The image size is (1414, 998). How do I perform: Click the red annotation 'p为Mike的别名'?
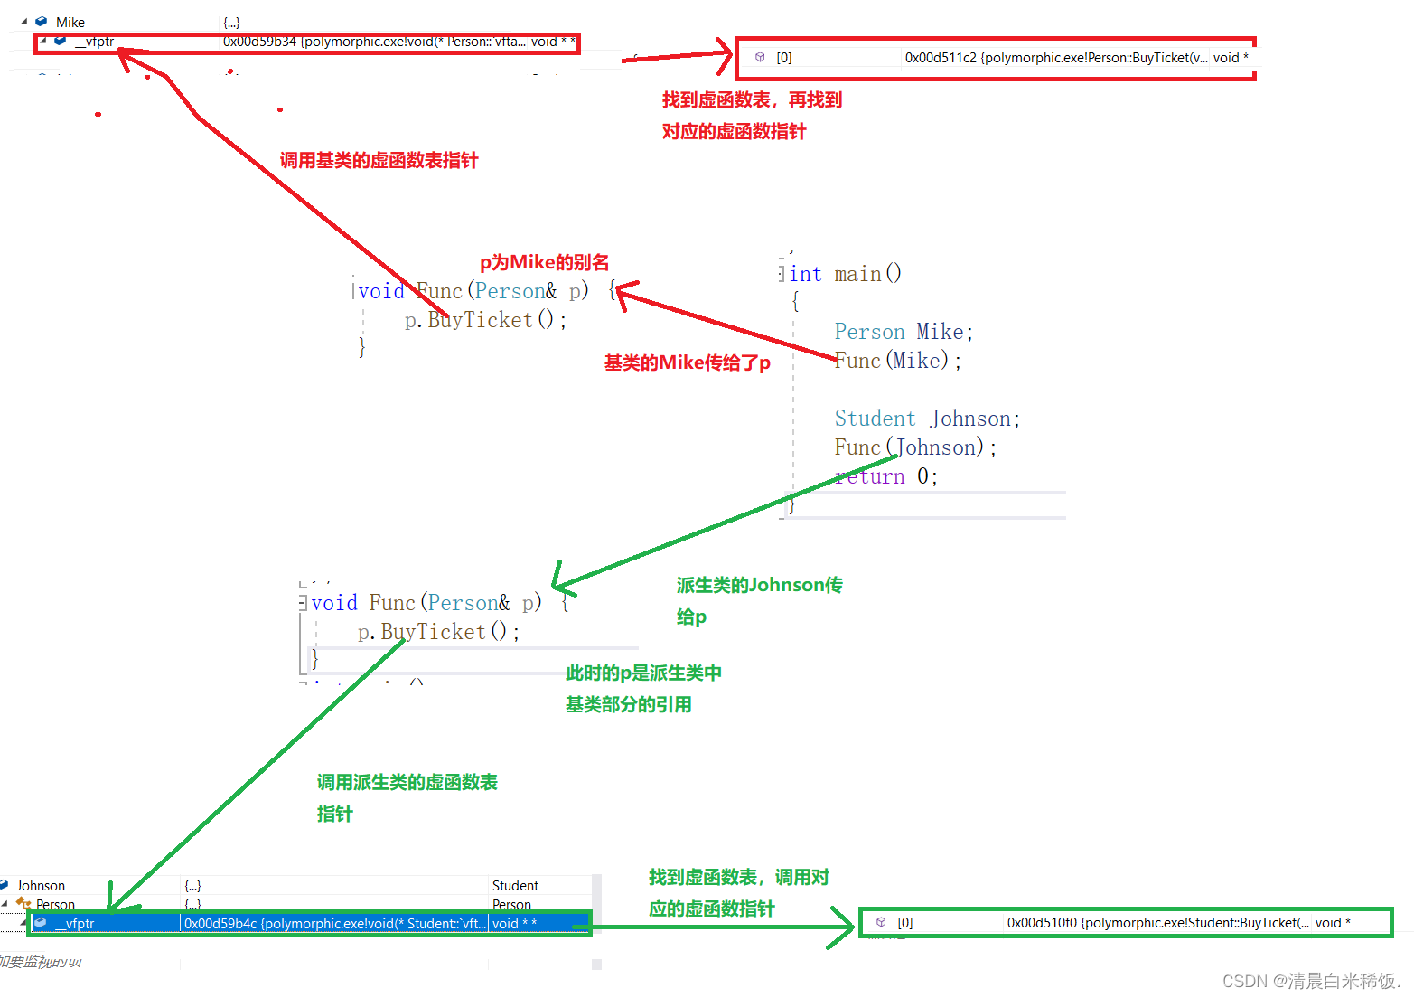point(544,262)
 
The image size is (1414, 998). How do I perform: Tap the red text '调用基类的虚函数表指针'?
point(379,160)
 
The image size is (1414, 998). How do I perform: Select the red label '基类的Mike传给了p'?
point(687,362)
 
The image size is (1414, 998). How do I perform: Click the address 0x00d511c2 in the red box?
point(941,58)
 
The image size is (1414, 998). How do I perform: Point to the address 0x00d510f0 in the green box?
point(1042,923)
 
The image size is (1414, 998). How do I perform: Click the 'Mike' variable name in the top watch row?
point(70,22)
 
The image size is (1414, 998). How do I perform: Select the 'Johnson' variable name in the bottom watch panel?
point(41,886)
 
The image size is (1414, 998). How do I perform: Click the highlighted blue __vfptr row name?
point(80,924)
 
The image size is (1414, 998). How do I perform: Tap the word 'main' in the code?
point(857,274)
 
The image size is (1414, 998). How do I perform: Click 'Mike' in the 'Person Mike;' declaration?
point(940,332)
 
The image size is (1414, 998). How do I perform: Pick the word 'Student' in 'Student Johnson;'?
point(875,419)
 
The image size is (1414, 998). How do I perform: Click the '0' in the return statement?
point(922,476)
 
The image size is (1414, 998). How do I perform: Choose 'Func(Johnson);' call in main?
point(914,447)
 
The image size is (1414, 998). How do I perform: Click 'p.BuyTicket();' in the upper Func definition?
point(485,320)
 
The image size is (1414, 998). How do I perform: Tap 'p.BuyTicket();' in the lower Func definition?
point(438,632)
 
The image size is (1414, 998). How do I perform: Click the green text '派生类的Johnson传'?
point(759,585)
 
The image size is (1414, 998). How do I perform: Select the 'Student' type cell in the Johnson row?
point(515,886)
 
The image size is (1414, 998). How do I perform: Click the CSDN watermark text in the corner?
point(1310,981)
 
